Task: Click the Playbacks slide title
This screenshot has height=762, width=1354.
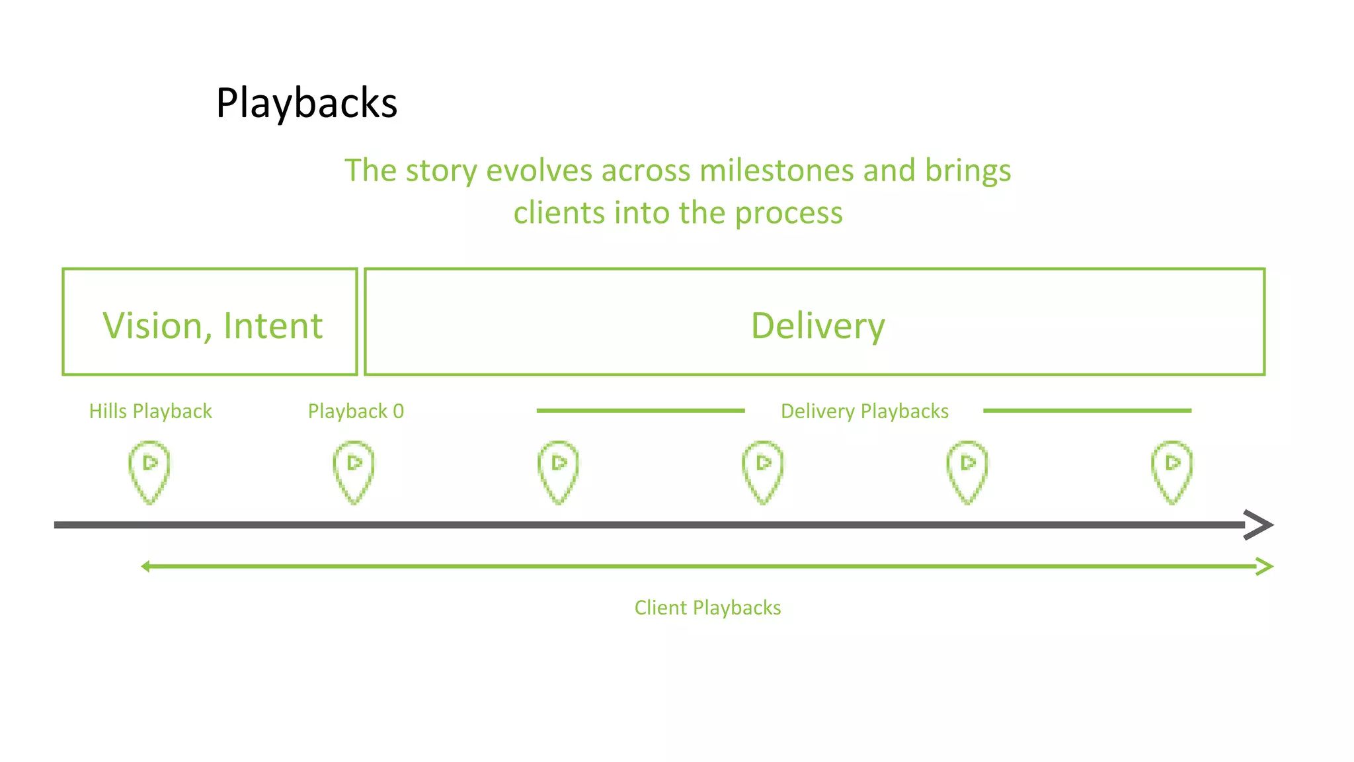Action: (x=306, y=104)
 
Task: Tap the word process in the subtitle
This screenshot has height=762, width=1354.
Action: (x=788, y=213)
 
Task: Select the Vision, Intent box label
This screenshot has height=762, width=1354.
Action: (x=212, y=325)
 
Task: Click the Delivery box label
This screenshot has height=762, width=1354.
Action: (x=817, y=325)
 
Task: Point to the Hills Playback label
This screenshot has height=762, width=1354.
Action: (x=150, y=411)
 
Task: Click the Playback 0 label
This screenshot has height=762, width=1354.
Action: (x=356, y=411)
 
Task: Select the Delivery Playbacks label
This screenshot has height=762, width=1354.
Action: (x=864, y=411)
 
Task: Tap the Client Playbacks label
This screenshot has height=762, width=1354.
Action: (x=707, y=608)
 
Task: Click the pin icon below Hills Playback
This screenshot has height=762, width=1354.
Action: (x=149, y=471)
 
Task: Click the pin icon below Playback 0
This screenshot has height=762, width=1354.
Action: (x=354, y=471)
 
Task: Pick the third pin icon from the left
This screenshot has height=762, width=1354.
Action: (x=559, y=471)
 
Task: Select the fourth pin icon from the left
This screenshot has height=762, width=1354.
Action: (x=763, y=471)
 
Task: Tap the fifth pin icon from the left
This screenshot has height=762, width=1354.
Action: (x=967, y=471)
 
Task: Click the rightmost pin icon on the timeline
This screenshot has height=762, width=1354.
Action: (x=1172, y=471)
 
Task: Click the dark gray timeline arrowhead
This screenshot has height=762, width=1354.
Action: (x=1259, y=525)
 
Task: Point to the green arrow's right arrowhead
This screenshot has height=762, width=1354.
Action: (x=1265, y=567)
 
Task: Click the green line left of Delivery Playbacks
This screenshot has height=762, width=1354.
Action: (x=640, y=411)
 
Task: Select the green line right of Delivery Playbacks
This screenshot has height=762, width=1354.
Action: (x=1087, y=411)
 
